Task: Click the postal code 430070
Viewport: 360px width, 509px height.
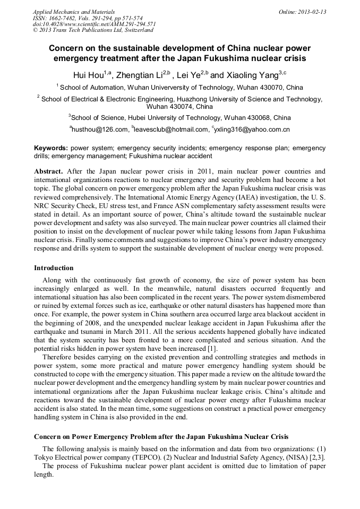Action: (x=272, y=87)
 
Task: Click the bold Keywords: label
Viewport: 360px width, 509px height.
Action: (x=51, y=148)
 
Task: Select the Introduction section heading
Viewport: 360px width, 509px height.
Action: (x=54, y=268)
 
